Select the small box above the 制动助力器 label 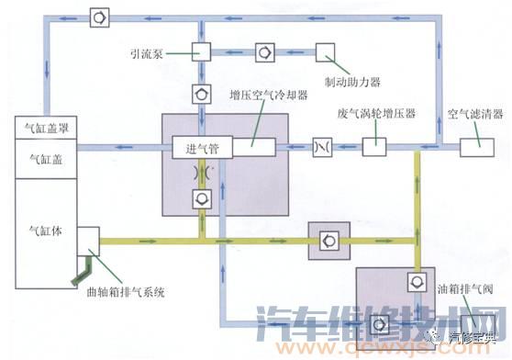click(326, 51)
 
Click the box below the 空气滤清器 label click(475, 145)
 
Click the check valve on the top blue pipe click(99, 17)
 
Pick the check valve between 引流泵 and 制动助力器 click(264, 51)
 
